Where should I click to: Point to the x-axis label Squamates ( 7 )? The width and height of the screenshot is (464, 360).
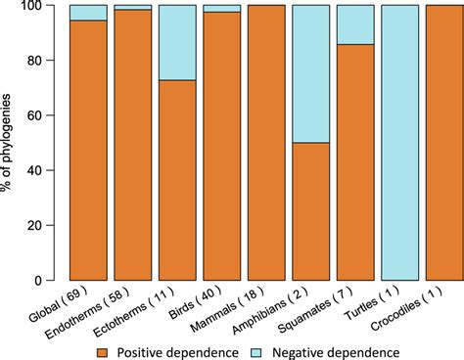click(340, 305)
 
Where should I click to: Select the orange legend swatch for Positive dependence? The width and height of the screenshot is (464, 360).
click(135, 348)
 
